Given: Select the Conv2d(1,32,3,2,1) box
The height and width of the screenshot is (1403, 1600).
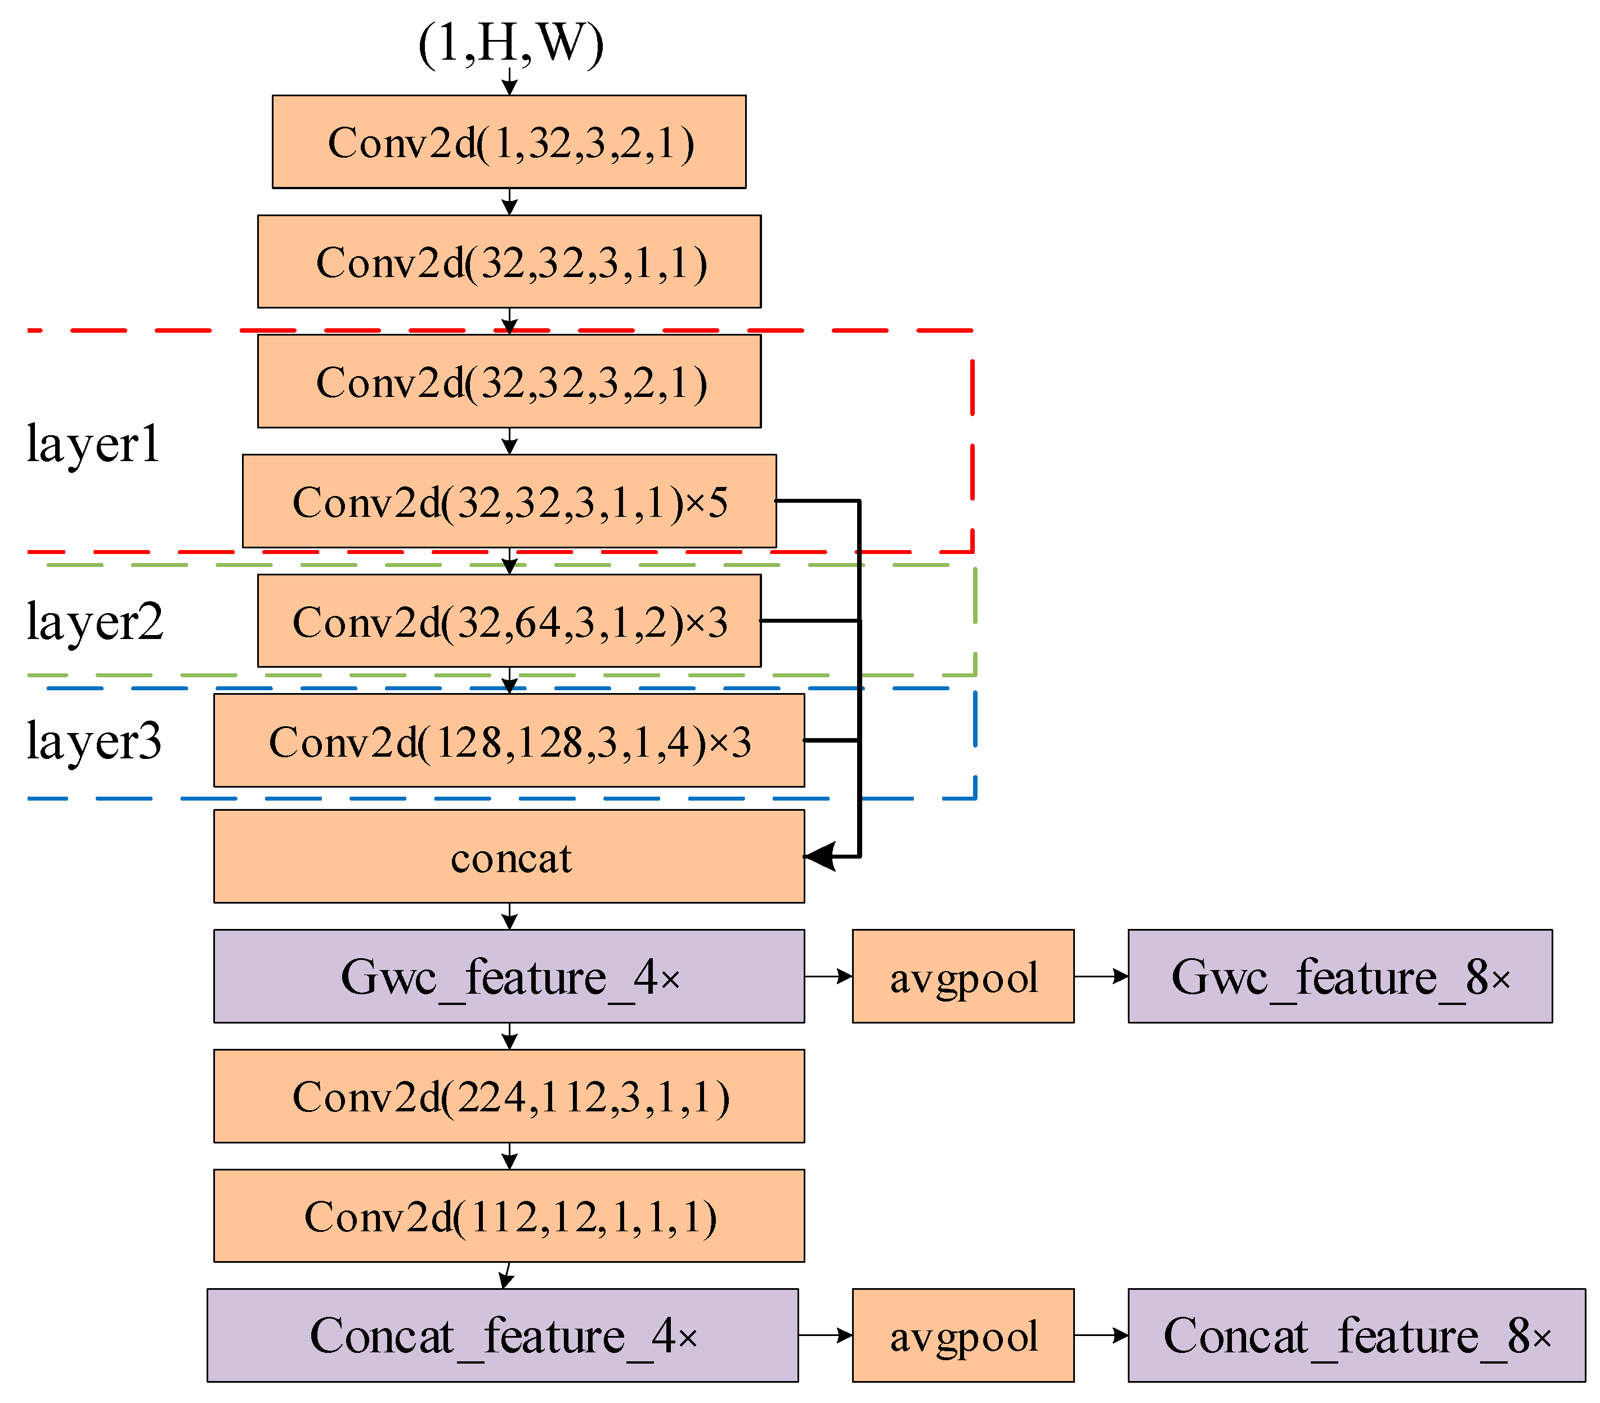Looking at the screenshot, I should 509,142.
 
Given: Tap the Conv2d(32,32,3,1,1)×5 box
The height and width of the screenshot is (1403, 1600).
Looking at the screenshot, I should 509,501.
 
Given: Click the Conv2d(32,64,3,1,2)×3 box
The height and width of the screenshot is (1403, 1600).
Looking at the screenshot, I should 509,621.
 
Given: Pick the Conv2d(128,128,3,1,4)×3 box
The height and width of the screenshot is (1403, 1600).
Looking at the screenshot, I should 509,741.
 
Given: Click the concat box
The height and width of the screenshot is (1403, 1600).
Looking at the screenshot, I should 509,856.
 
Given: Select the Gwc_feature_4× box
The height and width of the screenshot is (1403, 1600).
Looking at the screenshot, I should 509,976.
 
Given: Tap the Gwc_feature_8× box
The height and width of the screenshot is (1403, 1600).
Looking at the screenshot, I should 1339,976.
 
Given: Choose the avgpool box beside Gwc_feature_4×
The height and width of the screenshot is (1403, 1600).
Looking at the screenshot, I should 963,976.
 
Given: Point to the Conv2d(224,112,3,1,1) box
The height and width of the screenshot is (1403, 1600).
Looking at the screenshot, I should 509,1096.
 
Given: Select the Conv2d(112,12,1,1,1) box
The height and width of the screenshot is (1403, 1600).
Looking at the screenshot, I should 509,1216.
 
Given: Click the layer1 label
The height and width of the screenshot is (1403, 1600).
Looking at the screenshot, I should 93,444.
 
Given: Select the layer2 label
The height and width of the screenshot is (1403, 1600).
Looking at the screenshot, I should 95,621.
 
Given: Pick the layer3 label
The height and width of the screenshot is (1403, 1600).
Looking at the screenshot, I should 94,741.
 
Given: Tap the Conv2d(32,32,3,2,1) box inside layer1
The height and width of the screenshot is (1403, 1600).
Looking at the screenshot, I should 509,381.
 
